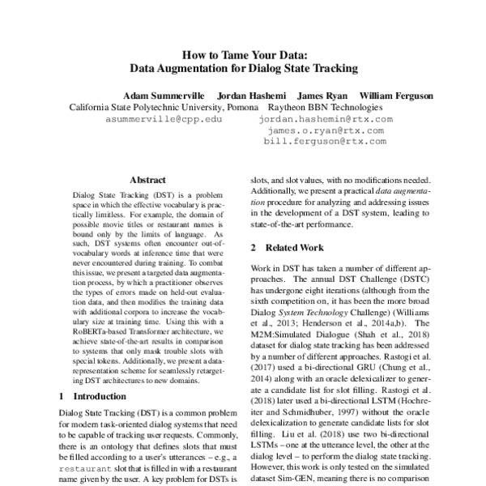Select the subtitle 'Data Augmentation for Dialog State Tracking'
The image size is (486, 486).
(243, 69)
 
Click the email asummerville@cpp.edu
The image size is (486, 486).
(164, 118)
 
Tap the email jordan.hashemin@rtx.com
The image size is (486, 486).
(326, 118)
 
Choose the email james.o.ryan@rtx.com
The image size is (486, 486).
(326, 129)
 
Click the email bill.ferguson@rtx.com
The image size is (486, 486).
(326, 140)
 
